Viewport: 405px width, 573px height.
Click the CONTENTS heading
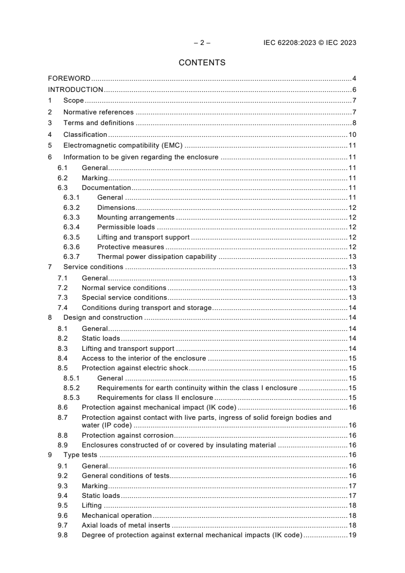coord(202,63)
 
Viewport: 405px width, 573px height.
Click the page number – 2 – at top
coord(202,43)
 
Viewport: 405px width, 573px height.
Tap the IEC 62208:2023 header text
coord(310,43)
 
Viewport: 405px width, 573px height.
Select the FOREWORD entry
coord(69,79)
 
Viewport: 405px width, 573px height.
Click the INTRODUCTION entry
coord(76,90)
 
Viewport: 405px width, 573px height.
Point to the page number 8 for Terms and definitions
coord(354,123)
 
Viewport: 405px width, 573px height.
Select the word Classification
coord(85,135)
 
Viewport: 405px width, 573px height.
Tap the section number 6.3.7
coord(72,257)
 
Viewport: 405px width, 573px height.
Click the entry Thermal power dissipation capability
coord(157,257)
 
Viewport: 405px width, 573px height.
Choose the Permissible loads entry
coord(126,227)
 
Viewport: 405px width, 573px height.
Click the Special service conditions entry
coord(124,298)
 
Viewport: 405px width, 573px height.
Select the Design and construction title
coord(103,318)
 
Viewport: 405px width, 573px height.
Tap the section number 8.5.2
coord(72,388)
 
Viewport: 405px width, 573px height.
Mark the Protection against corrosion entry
coord(128,436)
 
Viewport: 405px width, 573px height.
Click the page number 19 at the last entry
coord(352,535)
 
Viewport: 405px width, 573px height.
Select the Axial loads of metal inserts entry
coord(126,525)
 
